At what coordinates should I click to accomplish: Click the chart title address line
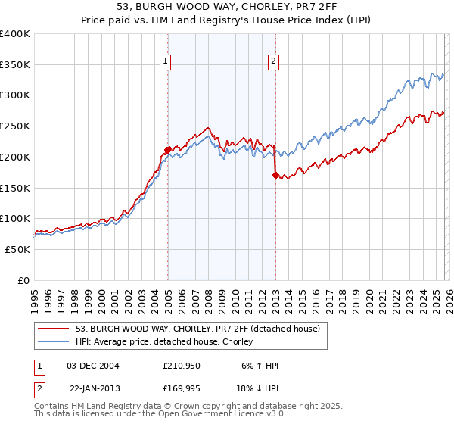click(226, 7)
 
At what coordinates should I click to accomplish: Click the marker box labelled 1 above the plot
click(166, 63)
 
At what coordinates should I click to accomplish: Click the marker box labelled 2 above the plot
click(273, 63)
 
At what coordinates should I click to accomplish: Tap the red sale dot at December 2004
click(167, 150)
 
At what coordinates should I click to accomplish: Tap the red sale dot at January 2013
click(275, 175)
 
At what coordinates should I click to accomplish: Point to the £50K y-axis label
click(17, 249)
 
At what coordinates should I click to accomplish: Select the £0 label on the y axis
click(23, 280)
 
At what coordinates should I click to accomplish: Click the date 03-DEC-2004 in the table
click(93, 366)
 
